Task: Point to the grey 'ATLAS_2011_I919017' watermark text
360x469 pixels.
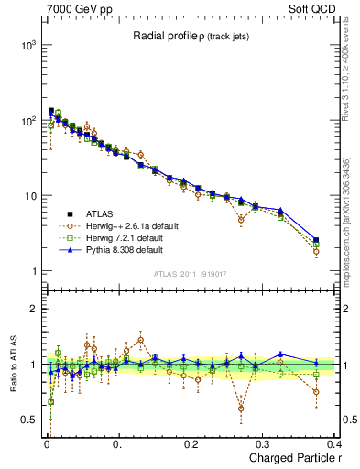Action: [191, 274]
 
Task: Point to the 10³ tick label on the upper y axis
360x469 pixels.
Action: [27, 45]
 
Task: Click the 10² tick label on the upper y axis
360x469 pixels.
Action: [27, 120]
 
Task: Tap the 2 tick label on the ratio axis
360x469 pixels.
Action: [34, 310]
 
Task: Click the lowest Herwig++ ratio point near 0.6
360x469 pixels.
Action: [241, 409]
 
